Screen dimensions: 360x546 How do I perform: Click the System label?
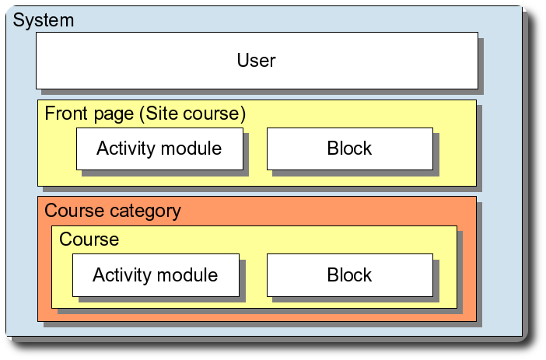[x=44, y=20]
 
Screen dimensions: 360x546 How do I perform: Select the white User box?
[x=257, y=60]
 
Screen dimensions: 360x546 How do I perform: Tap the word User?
[x=257, y=60]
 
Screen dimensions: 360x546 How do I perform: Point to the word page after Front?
[x=113, y=115]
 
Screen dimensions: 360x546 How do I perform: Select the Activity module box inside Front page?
[x=159, y=149]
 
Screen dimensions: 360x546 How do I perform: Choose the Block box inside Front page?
[x=349, y=149]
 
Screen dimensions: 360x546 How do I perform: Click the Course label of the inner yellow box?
[x=89, y=239]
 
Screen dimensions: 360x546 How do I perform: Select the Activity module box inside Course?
[x=155, y=275]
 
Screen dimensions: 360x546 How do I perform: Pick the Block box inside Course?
[x=349, y=275]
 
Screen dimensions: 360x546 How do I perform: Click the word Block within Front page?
[x=349, y=149]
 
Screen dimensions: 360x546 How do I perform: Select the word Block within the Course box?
[x=349, y=275]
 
